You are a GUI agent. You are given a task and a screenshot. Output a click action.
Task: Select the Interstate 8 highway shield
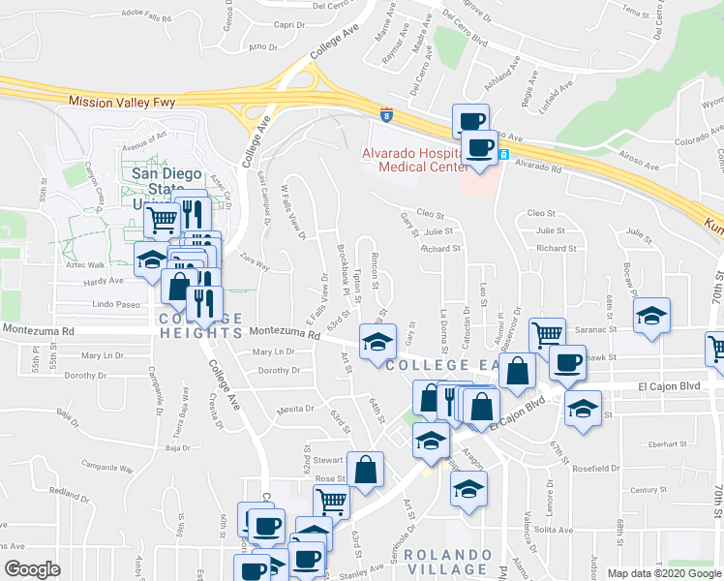pyautogui.click(x=387, y=114)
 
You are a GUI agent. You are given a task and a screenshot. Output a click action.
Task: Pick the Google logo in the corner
pyautogui.click(x=32, y=569)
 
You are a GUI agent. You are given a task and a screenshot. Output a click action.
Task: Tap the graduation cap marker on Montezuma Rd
pyautogui.click(x=377, y=339)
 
